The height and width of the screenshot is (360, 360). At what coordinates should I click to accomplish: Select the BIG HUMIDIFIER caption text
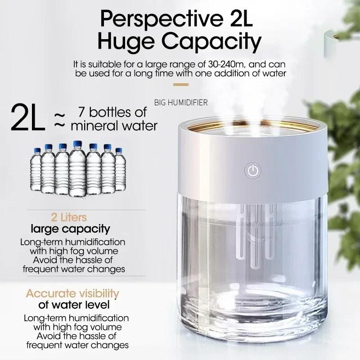pyautogui.click(x=181, y=103)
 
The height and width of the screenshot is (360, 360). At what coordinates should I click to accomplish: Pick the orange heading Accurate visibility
pyautogui.click(x=72, y=294)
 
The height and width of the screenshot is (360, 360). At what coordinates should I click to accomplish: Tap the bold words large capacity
pyautogui.click(x=70, y=229)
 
